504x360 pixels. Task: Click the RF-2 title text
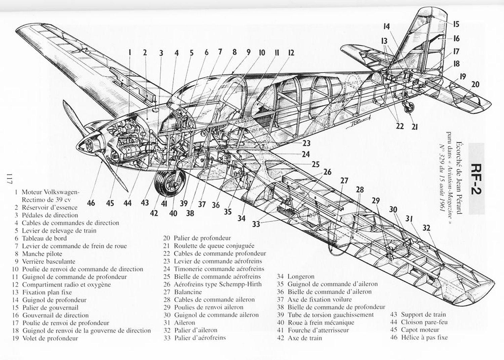476,179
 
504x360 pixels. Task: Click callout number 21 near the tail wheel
415,127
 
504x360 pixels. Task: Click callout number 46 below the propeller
91,203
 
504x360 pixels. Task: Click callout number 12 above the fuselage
291,53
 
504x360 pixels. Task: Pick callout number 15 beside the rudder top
456,24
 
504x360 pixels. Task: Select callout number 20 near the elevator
475,84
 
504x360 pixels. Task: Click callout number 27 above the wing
344,181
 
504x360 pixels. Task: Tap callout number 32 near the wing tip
426,228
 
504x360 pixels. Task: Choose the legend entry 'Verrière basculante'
48,262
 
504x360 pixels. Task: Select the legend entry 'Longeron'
301,277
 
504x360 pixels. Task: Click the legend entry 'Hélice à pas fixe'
424,337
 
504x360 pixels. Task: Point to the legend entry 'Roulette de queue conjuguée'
214,246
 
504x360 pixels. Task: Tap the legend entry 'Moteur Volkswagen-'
50,192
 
